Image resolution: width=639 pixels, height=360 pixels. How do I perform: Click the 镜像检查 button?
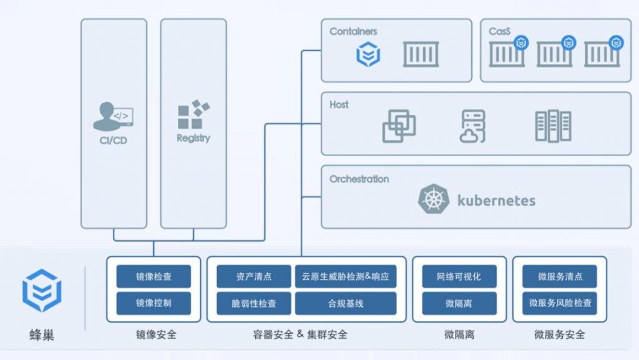pos(154,276)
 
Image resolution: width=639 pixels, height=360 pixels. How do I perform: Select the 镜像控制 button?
pos(154,303)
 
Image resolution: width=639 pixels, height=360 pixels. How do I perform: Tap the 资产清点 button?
pos(254,276)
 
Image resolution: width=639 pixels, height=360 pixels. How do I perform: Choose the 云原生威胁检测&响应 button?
pos(346,276)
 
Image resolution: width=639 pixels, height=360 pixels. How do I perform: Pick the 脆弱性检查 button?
pos(254,303)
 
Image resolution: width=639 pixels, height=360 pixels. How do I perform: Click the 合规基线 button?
pos(346,303)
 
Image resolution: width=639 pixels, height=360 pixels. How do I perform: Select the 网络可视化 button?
pos(459,276)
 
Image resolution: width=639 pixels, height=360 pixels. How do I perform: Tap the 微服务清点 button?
pos(560,276)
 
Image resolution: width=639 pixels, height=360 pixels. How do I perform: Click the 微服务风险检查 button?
pos(560,303)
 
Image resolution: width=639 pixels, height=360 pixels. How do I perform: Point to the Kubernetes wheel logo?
pos(434,199)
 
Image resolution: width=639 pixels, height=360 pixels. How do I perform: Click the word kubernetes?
pos(496,200)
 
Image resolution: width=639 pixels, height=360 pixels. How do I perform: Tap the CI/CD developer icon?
pos(114,117)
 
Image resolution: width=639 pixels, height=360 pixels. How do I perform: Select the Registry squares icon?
pos(193,114)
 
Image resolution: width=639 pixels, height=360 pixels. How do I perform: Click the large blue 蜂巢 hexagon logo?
pos(42,290)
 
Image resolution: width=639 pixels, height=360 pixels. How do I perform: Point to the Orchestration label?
pos(359,179)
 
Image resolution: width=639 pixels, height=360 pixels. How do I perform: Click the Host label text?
pos(339,105)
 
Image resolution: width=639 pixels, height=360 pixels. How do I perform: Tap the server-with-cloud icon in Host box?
pos(473,126)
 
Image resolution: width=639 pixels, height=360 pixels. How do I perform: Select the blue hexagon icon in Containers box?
pos(368,54)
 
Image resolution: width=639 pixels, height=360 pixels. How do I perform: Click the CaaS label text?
pos(499,31)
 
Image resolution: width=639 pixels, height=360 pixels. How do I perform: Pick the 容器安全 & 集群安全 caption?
pos(300,335)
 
